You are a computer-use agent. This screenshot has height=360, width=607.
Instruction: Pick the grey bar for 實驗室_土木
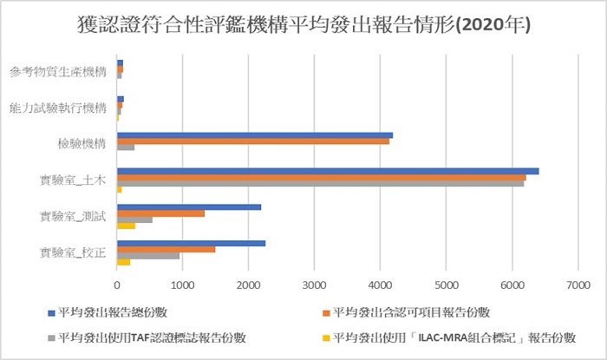pos(320,183)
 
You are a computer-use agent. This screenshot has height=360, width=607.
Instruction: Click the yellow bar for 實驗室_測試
pos(126,226)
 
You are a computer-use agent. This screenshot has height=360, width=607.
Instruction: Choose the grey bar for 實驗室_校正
pos(148,256)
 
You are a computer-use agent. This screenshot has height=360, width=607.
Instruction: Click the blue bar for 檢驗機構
pos(255,135)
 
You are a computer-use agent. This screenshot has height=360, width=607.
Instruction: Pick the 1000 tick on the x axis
pos(182,283)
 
